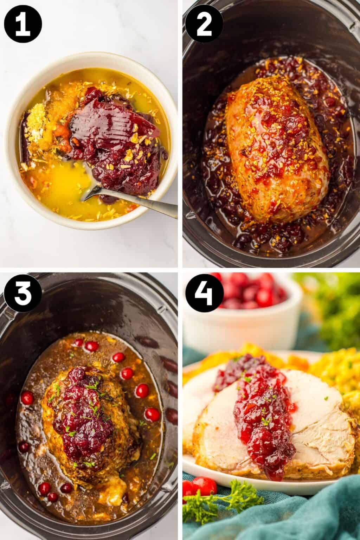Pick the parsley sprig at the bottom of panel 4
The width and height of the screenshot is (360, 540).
point(225,506)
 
